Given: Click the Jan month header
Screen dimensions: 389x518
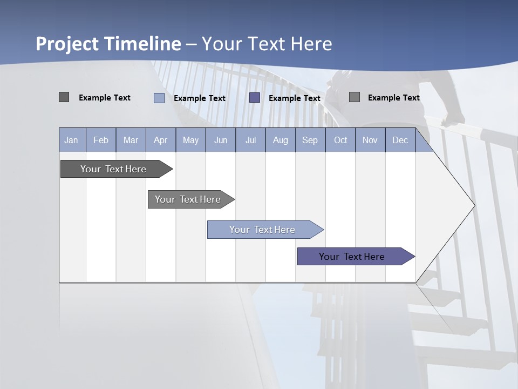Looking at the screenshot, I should click(x=71, y=140).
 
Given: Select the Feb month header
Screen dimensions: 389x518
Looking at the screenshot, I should click(x=101, y=140).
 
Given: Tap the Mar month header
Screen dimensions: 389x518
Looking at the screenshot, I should click(x=131, y=140).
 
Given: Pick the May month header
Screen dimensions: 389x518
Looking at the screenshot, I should click(x=190, y=140).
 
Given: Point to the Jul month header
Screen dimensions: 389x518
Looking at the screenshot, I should click(x=250, y=140).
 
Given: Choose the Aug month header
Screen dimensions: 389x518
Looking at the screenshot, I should click(x=280, y=140).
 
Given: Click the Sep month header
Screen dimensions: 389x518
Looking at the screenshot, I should click(x=310, y=140).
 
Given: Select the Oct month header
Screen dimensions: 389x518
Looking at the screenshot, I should click(x=340, y=140).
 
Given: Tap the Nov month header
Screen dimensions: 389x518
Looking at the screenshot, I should click(x=370, y=140).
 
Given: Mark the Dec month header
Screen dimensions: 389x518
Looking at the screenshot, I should click(x=400, y=140).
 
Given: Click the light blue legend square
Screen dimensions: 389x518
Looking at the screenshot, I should click(x=159, y=98).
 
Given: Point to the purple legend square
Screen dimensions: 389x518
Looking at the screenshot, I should click(x=255, y=98).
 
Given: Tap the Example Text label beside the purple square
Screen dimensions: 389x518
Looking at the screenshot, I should click(x=295, y=98).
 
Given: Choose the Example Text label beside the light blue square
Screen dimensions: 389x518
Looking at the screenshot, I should click(x=200, y=98).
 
